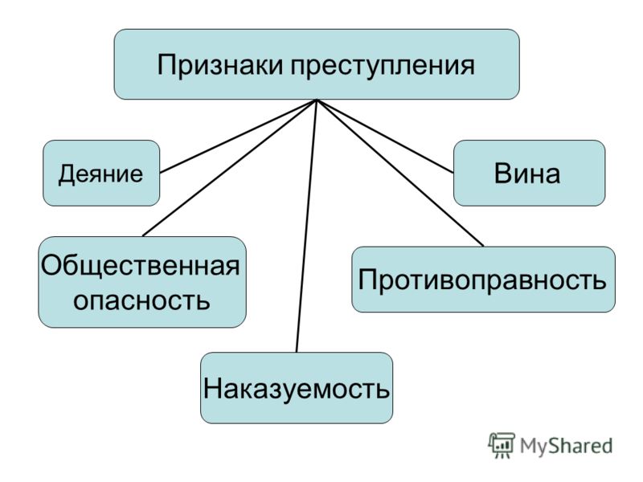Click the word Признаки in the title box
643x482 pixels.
[219, 66]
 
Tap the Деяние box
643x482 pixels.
[101, 173]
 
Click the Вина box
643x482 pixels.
[529, 173]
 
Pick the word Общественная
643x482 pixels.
[140, 267]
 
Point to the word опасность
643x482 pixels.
[141, 300]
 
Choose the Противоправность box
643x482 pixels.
[484, 280]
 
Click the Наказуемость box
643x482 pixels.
[297, 388]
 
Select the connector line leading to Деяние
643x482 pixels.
[238, 136]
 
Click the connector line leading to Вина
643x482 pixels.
[385, 136]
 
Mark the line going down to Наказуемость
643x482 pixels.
[307, 226]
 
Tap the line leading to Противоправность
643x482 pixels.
[400, 173]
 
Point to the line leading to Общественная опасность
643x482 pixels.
[230, 168]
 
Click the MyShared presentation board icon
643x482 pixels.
[501, 445]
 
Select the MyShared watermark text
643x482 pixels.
[566, 446]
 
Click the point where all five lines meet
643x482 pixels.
[317, 100]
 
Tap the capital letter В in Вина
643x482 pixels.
[503, 174]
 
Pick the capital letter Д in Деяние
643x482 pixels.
[68, 174]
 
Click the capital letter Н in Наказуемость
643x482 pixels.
[212, 388]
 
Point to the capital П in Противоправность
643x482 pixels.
[368, 280]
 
